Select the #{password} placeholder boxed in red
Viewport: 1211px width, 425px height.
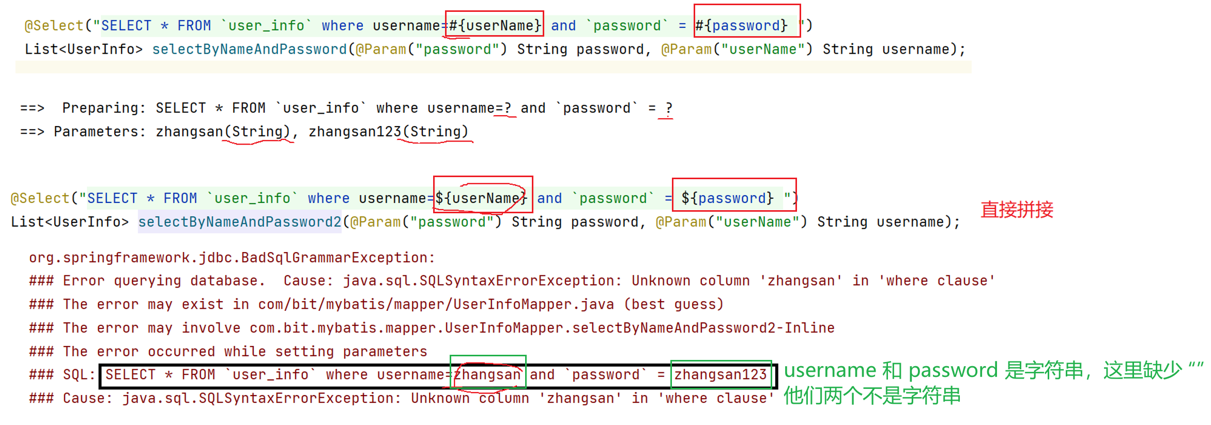741,25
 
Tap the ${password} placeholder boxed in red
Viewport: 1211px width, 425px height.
728,198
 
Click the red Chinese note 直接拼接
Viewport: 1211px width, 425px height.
1017,210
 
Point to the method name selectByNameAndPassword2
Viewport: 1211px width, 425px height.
239,222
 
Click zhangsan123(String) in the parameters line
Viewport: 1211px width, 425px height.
388,132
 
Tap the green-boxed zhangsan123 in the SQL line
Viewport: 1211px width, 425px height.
721,374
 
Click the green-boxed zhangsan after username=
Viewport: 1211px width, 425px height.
487,374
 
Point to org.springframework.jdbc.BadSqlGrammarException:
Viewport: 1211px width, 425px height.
232,258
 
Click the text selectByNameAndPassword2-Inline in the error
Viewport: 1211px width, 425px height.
703,328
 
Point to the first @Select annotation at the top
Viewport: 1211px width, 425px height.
54,25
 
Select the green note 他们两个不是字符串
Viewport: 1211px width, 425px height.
872,396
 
